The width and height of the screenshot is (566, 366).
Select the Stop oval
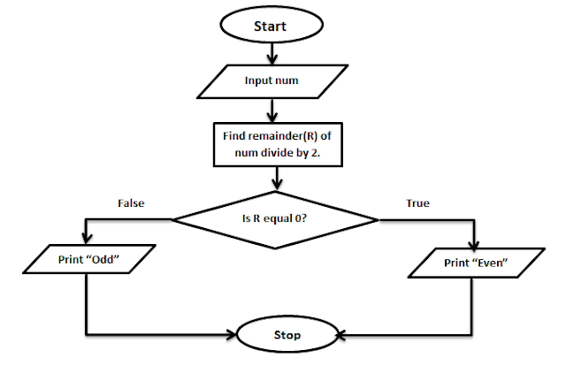(x=287, y=335)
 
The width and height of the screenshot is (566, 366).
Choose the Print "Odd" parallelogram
(x=88, y=262)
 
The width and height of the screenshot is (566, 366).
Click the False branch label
(x=131, y=202)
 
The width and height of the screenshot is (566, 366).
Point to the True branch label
(x=417, y=202)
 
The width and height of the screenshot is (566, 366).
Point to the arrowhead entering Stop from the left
(x=233, y=335)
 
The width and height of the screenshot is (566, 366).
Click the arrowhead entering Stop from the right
(x=341, y=335)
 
